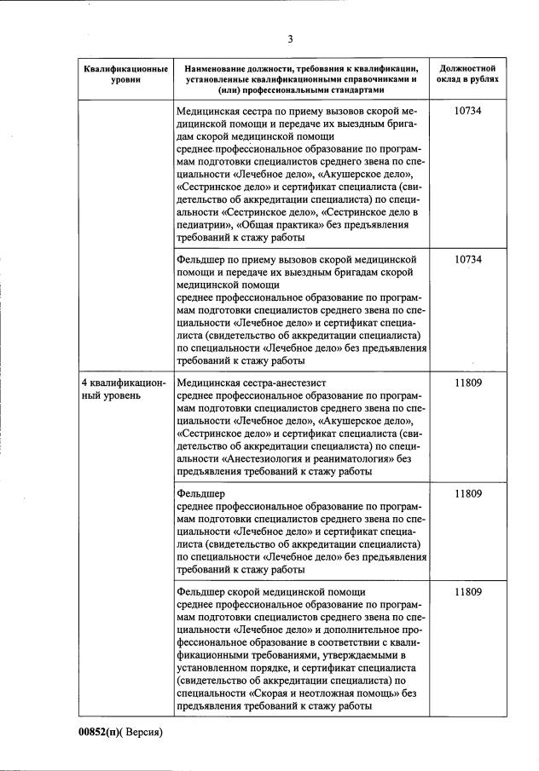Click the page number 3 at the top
tap(290, 38)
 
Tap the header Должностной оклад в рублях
tap(468, 73)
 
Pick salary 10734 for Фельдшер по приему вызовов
tap(468, 259)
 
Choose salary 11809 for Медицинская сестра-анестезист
tap(468, 383)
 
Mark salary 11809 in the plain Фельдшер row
tap(468, 493)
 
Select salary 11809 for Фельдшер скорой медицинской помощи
tap(468, 591)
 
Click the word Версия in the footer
tap(142, 732)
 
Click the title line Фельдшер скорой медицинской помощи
tap(271, 591)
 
